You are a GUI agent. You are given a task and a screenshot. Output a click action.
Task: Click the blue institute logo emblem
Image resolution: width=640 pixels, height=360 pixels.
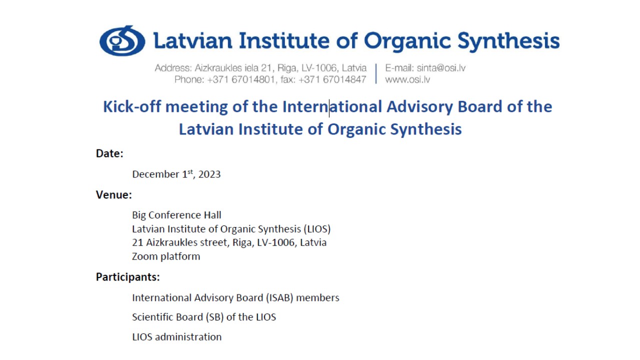[122, 40]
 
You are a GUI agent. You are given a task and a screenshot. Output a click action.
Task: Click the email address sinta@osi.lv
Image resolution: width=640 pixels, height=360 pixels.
[441, 68]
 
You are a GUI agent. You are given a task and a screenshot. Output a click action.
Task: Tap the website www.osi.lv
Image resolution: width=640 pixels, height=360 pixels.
[407, 79]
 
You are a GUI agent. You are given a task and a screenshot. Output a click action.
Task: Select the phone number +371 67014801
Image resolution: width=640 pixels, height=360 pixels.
[241, 79]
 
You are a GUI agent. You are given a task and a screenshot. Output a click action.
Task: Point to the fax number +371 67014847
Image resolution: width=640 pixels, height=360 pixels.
[332, 79]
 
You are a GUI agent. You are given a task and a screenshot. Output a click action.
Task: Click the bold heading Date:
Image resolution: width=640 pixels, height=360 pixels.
[109, 153]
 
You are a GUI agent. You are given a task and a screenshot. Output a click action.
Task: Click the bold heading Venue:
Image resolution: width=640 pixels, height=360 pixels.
[113, 194]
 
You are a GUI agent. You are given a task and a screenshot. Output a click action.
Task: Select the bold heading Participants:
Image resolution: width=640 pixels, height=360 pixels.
[127, 277]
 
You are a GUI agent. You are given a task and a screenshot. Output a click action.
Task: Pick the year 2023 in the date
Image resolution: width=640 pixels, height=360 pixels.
[209, 174]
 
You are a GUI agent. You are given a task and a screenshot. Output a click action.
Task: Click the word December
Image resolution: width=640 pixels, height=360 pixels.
[155, 174]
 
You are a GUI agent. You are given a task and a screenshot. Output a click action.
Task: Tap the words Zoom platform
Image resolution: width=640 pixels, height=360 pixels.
[166, 256]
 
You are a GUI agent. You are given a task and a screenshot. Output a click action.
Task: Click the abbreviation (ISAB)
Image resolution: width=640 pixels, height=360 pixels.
[279, 297]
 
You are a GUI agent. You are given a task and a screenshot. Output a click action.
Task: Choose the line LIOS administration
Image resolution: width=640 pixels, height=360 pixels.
[177, 337]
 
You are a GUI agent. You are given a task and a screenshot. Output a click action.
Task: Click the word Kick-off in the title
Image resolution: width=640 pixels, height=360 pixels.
[131, 106]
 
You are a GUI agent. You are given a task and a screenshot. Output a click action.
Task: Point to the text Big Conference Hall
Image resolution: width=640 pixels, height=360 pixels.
[176, 215]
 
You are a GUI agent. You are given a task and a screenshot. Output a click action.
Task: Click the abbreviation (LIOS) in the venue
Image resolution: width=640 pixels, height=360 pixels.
[317, 229]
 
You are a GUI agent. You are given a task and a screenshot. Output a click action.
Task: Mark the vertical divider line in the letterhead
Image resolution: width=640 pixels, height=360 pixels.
[376, 73]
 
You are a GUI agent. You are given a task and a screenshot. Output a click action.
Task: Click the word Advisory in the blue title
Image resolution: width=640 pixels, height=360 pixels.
[419, 107]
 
